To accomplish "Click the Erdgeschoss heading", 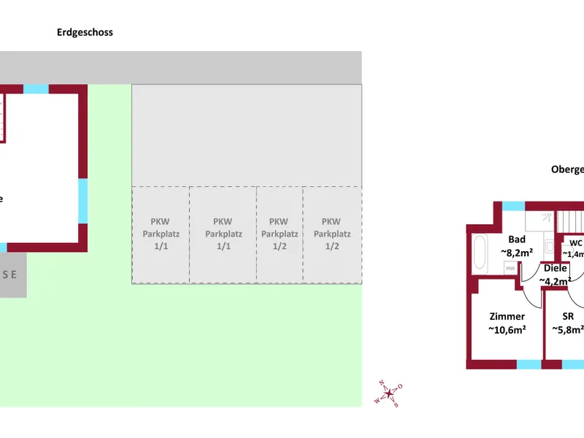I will click(85, 32).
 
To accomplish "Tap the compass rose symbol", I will click(389, 393).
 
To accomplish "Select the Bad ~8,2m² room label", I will click(516, 245).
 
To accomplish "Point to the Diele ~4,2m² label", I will click(555, 274).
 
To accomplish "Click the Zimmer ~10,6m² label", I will click(507, 323).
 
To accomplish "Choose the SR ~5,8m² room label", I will click(567, 323).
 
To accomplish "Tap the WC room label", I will click(575, 248).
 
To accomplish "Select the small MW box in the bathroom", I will click(510, 269).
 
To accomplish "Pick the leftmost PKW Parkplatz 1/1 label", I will click(161, 234).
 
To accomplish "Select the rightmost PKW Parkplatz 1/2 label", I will click(331, 234).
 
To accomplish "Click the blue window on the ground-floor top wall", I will click(36, 89).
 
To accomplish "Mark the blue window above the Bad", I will click(513, 206).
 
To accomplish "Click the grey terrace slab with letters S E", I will click(12, 274).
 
